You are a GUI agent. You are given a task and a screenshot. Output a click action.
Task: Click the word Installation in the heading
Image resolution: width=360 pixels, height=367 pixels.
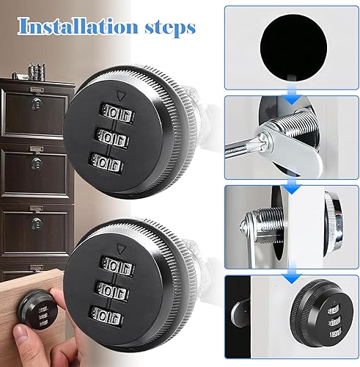tap(78, 26)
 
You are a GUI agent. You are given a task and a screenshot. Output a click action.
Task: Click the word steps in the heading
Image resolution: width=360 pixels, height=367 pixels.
tap(170, 29)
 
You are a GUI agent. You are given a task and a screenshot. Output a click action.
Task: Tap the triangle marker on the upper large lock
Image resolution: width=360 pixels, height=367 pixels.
tap(120, 96)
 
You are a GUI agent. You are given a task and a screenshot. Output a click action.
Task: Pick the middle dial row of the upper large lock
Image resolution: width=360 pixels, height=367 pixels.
tap(113, 138)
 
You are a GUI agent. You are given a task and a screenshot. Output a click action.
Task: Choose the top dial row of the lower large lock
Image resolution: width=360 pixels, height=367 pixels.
tap(117, 266)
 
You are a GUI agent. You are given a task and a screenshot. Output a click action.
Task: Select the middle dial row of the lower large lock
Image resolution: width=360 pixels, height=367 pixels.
tap(112, 292)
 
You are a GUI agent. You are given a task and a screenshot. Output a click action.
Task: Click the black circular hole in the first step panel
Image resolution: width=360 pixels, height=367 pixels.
tap(293, 47)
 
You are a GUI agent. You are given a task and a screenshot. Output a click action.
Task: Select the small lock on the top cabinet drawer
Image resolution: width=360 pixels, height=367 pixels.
tap(37, 104)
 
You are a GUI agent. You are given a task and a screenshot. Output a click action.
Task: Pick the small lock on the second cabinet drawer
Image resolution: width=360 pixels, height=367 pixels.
tap(37, 164)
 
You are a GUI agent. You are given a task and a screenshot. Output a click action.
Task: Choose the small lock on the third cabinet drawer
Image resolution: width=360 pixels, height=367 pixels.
tap(37, 224)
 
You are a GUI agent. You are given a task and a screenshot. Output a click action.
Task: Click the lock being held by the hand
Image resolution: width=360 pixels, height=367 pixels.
tap(39, 310)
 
